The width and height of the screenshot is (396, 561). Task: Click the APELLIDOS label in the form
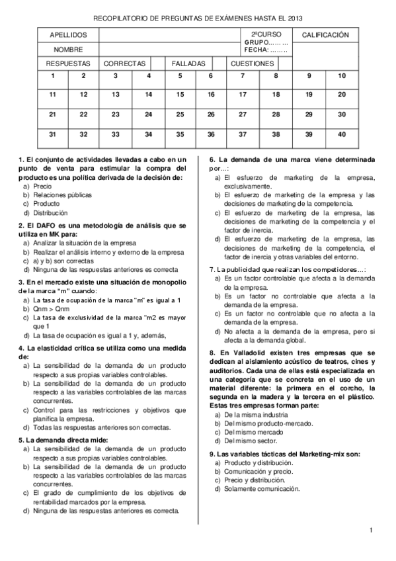click(68, 34)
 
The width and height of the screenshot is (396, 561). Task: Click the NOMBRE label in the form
click(68, 50)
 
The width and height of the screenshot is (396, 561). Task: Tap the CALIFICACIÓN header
click(325, 34)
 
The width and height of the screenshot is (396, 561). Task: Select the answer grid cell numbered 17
click(243, 95)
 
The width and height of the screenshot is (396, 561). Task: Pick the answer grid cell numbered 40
click(341, 134)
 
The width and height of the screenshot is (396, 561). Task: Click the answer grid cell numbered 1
click(53, 75)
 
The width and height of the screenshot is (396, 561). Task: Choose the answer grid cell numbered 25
click(180, 114)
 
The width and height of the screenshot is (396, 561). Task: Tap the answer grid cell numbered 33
click(115, 134)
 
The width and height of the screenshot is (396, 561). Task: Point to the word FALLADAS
click(189, 64)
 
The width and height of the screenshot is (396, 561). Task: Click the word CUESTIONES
click(252, 64)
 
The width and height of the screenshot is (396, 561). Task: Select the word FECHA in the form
click(255, 50)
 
